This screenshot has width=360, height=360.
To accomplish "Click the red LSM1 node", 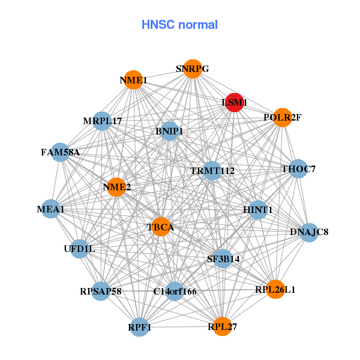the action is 234,103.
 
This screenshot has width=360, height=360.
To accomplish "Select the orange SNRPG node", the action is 192,69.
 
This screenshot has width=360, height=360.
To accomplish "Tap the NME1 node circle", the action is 133,80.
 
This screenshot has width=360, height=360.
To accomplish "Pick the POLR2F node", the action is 282,118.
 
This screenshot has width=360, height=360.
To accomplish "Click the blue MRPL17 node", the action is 103,121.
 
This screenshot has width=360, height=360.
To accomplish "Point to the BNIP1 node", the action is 169,131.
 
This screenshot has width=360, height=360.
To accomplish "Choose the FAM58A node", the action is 60,152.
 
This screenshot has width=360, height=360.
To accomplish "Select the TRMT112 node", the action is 212,171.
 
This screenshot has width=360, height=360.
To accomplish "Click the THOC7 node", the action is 298,169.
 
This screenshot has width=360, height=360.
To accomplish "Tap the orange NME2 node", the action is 116,187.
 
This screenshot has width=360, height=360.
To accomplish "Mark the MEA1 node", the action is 50,209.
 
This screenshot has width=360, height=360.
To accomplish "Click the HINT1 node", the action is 258,209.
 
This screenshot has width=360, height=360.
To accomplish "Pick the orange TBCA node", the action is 160,227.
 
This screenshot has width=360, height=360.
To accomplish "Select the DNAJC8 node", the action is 309,232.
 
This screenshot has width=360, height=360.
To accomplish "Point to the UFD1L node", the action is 79,248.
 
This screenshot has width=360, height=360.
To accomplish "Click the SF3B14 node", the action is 223,259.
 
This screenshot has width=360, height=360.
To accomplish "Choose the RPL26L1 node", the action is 275,290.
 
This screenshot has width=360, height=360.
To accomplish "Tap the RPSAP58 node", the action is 101,292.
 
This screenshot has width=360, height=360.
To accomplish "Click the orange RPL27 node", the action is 223,327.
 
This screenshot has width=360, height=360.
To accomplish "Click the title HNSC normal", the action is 179,25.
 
